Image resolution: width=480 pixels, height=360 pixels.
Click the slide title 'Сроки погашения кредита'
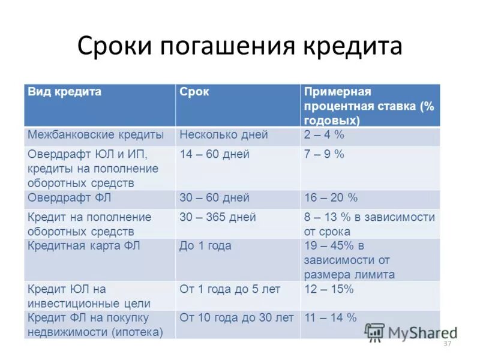click(239, 47)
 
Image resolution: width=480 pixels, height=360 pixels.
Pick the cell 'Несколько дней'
click(224, 135)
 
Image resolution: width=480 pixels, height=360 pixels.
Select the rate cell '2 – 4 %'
click(324, 135)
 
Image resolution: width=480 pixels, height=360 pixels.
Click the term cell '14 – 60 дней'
click(214, 154)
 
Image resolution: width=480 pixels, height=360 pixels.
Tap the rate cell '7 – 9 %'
click(324, 154)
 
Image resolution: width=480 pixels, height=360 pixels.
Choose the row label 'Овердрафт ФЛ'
click(70, 197)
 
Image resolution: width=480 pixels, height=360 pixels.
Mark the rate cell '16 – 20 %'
click(331, 197)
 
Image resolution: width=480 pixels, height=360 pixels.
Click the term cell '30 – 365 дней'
click(218, 217)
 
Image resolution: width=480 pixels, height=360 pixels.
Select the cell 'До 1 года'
click(205, 245)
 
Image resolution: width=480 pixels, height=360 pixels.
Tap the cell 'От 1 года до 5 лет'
click(230, 289)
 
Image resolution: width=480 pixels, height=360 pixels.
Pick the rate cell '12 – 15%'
click(329, 289)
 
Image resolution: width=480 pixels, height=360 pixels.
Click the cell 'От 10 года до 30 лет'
click(236, 317)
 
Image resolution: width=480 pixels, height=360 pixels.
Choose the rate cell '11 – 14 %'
click(331, 317)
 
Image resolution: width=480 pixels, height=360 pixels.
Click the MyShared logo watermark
click(411, 332)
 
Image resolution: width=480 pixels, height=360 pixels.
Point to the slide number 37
click(446, 344)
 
